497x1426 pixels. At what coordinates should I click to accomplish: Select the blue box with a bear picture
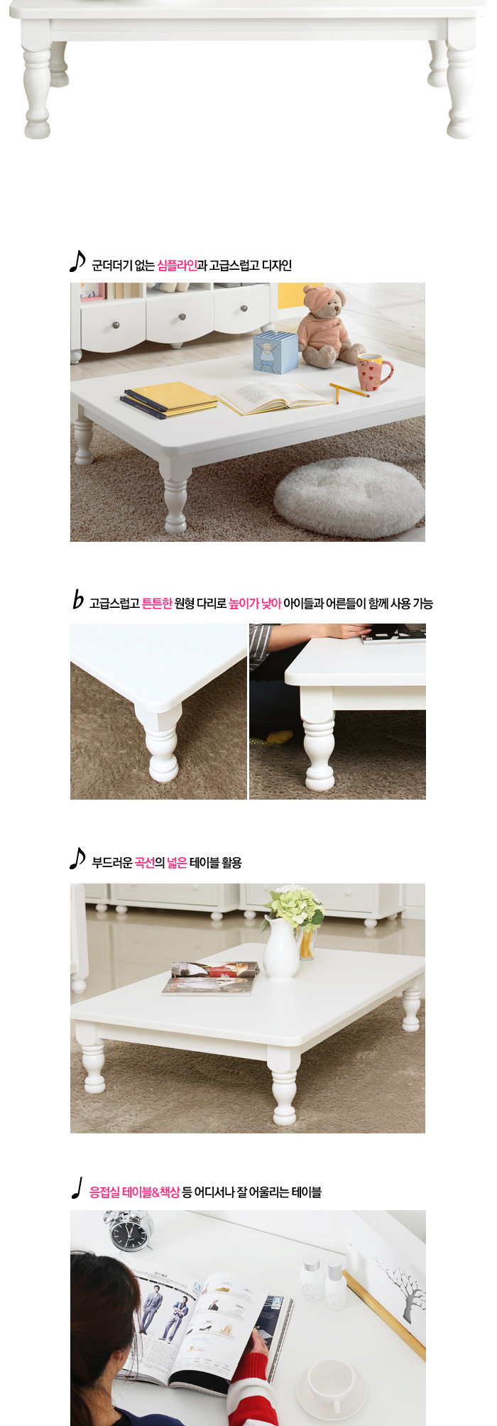275,351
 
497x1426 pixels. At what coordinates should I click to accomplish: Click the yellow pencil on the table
349,391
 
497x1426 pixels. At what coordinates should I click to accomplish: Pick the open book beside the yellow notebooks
274,398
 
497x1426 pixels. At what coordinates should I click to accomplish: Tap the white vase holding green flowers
281,947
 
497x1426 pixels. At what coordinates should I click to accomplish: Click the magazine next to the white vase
211,978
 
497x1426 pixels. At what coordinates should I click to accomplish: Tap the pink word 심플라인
177,266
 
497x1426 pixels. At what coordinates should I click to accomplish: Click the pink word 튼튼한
157,604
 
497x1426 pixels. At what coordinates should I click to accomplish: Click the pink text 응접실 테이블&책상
134,1192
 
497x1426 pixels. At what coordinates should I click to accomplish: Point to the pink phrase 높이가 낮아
255,604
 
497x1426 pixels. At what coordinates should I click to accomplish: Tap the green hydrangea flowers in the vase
294,905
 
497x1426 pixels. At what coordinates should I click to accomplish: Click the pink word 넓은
177,863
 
